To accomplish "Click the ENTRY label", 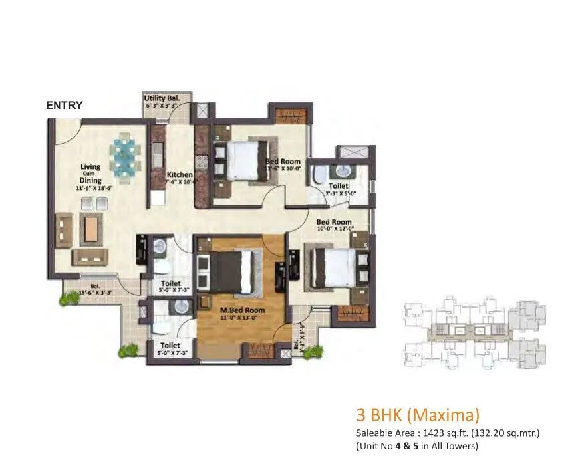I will (64, 106).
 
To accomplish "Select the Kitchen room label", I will (180, 175).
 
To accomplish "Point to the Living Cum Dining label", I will (90, 173).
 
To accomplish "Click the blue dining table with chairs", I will (126, 156).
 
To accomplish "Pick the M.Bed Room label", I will (242, 310).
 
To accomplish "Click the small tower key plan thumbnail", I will (475, 333).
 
